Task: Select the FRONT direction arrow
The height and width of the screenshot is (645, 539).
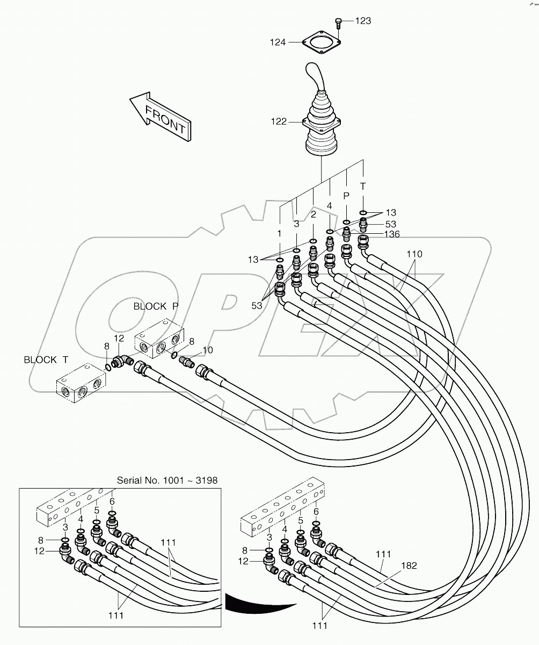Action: [x=159, y=116]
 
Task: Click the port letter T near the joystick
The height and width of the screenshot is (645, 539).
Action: [x=363, y=186]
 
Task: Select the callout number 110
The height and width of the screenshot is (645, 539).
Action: [x=414, y=254]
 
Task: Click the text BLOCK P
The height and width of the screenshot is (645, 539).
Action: [x=156, y=306]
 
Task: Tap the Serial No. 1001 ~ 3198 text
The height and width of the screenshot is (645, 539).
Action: [x=167, y=480]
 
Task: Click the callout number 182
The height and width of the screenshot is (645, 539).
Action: [x=409, y=565]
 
